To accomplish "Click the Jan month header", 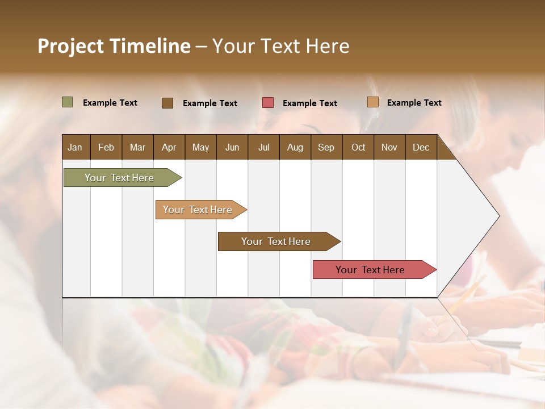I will pos(75,147).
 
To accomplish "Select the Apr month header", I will pos(169,147).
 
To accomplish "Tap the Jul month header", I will pos(263,147).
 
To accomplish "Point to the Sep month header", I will pos(326,147).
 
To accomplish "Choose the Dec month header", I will pos(421,147).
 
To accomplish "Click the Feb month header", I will pos(106,147).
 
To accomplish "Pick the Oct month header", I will pos(358,147).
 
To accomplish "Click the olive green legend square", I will pos(68,102).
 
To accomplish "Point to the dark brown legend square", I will pos(167,103).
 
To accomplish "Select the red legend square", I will pos(268,103).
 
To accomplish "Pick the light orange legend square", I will pos(373,102).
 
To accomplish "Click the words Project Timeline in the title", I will pos(114,46).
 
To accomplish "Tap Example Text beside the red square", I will pos(310,103).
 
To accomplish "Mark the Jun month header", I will pos(232,147).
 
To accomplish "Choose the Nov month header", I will pos(389,147).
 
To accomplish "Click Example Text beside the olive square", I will pos(110,103).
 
